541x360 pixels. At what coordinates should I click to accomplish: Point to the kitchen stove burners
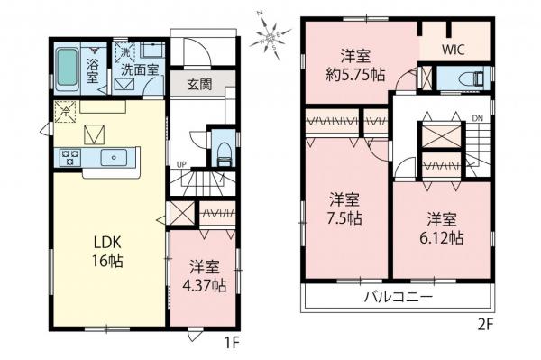69,158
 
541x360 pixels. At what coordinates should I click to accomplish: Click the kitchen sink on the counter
115,158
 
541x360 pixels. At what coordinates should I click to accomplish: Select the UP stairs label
181,164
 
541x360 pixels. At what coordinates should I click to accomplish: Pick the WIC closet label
454,51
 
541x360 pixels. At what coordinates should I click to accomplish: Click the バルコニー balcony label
399,296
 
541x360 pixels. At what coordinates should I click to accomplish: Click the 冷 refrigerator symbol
64,112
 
